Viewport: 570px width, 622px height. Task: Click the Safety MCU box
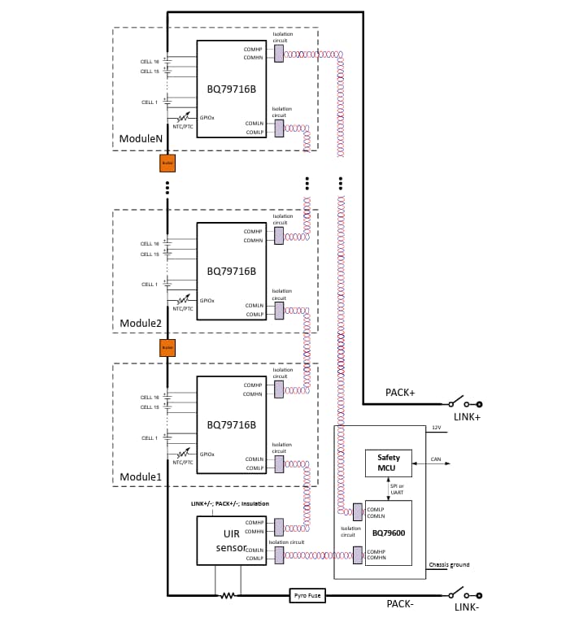point(388,463)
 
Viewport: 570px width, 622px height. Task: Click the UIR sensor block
point(232,540)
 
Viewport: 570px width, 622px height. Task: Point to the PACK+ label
point(400,393)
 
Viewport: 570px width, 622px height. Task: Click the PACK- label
point(401,604)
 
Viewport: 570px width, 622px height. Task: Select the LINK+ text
point(467,417)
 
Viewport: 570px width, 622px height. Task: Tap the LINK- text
point(467,607)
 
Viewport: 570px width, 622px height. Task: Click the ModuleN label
point(141,139)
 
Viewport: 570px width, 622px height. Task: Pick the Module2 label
point(141,323)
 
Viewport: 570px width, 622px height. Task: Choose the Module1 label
point(141,476)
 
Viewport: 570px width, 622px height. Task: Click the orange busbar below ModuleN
point(168,163)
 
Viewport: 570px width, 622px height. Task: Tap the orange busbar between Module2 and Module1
point(168,348)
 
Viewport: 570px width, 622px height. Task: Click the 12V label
point(436,428)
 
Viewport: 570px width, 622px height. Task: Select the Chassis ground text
point(449,564)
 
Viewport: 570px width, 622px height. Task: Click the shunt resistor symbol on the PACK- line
point(228,595)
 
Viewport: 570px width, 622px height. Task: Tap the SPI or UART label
point(397,489)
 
